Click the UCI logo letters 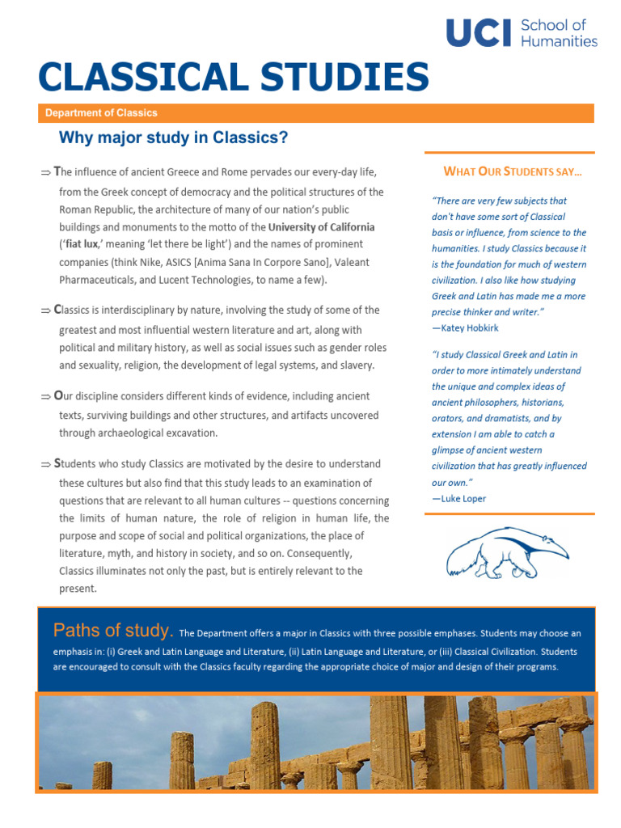(479, 32)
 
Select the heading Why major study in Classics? (173, 138)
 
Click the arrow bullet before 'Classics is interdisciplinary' (45, 310)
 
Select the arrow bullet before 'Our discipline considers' (45, 397)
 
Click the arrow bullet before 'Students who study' (45, 465)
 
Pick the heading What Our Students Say (513, 171)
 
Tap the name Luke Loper (463, 498)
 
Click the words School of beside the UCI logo (553, 25)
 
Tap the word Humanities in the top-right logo (559, 41)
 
